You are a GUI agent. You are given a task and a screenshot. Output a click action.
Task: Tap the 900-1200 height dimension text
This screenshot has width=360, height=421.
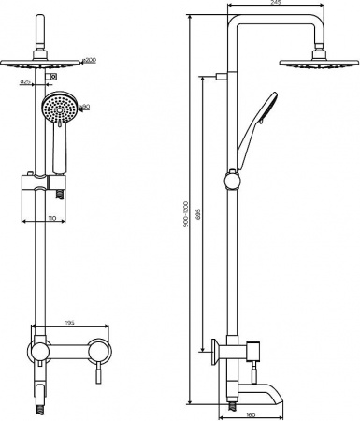pyautogui.click(x=186, y=213)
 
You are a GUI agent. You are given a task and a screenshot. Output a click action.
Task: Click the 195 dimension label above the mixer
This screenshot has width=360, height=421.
pyautogui.click(x=69, y=324)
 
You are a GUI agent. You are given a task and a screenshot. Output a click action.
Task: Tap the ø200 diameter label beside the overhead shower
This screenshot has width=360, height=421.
pyautogui.click(x=88, y=60)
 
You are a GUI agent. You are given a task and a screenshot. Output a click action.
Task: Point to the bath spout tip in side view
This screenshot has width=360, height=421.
pyautogui.click(x=279, y=385)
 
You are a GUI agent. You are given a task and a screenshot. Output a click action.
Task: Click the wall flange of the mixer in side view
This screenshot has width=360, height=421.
pyautogui.click(x=215, y=353)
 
